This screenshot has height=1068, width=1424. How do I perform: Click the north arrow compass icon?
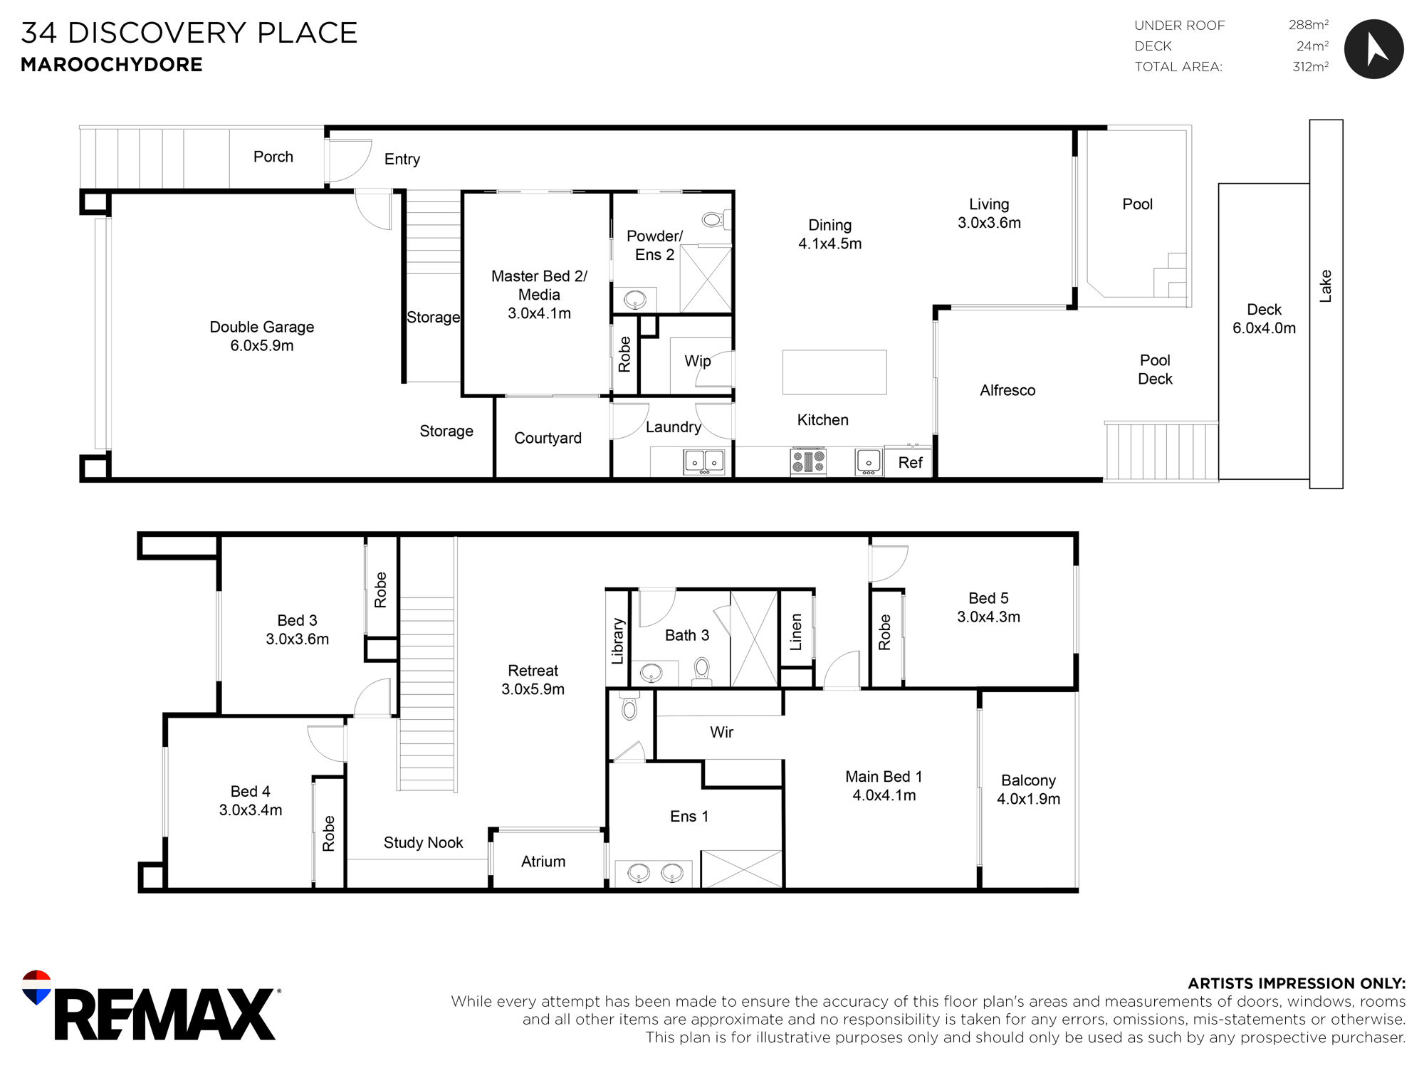(x=1373, y=49)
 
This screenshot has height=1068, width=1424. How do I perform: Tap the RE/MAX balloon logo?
(x=37, y=987)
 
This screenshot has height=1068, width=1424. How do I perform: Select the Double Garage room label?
(x=261, y=336)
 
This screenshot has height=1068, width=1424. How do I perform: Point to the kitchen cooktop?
(x=808, y=461)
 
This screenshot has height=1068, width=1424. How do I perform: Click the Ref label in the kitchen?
(x=910, y=463)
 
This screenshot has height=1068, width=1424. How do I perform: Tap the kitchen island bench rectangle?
(x=834, y=372)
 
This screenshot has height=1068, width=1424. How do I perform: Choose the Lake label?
(x=1325, y=286)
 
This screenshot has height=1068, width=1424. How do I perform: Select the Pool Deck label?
(x=1155, y=370)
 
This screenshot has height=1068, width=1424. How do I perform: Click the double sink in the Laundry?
(x=704, y=461)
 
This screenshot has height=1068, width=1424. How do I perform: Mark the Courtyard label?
(x=548, y=438)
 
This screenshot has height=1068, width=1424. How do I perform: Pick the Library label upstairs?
(x=617, y=641)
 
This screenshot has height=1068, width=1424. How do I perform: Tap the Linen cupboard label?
(x=796, y=632)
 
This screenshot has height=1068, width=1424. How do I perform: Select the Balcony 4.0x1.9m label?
(x=1028, y=790)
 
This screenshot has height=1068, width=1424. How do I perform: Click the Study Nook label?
(x=423, y=842)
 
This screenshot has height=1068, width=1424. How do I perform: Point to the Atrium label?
(x=543, y=862)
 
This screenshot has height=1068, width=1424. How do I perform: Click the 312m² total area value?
(x=1311, y=67)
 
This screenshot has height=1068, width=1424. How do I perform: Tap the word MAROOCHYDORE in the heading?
(x=112, y=65)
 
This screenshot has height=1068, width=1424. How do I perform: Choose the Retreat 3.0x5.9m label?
(x=533, y=680)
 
